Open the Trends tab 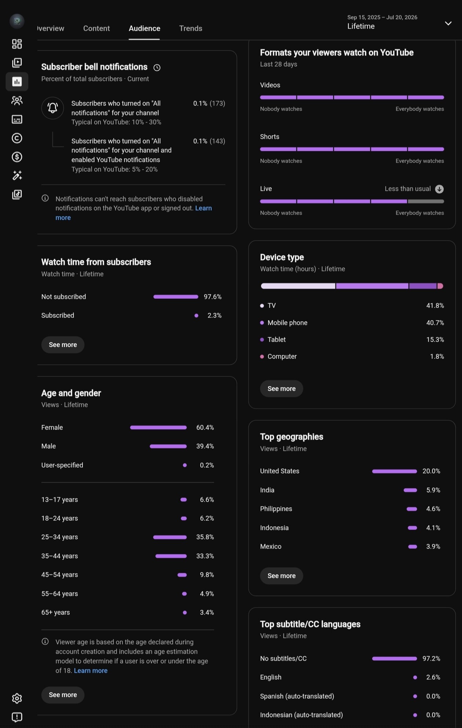[x=191, y=28]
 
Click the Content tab [x=96, y=28]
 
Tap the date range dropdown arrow [x=448, y=23]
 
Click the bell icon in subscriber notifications [x=53, y=108]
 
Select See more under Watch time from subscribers [x=63, y=345]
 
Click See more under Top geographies [x=282, y=576]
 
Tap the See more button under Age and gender [x=63, y=695]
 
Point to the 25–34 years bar [x=170, y=537]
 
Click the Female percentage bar [x=158, y=427]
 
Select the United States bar [x=395, y=471]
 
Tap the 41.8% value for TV [x=435, y=305]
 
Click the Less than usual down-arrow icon [x=439, y=189]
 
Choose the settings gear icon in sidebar [x=17, y=698]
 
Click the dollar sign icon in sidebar [x=17, y=157]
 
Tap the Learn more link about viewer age [x=91, y=671]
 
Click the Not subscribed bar [x=176, y=297]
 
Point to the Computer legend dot [x=262, y=357]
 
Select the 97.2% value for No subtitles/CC [x=431, y=658]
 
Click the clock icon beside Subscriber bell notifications [x=157, y=67]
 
